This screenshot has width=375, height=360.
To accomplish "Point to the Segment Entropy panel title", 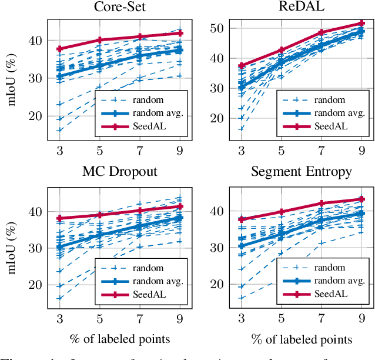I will click(301, 172).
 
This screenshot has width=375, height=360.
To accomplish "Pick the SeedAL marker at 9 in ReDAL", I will click(361, 24).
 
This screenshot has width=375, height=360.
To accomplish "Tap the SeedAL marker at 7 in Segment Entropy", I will click(322, 204).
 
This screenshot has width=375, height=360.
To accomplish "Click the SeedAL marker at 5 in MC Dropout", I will click(100, 215).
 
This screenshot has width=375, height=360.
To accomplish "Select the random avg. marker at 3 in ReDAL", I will click(241, 87).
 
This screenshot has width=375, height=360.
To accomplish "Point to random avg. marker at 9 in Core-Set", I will click(180, 51).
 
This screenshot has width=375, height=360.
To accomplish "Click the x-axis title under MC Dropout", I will click(121, 339).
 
